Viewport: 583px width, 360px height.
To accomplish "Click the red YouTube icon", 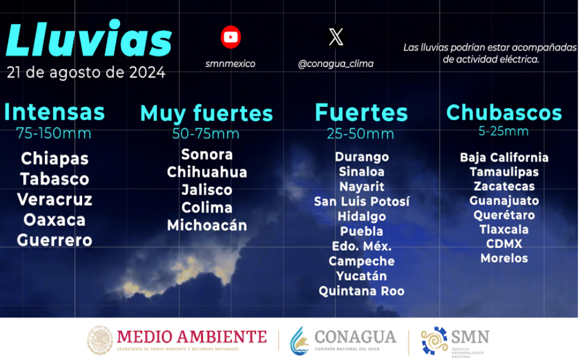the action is point(230,37).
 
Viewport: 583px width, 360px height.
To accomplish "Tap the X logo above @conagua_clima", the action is point(336,37).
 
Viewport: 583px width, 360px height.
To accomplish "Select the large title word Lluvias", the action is point(89,39).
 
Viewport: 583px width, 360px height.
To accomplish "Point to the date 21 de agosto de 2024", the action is point(86,72).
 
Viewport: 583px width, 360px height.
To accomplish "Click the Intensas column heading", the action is point(55,111).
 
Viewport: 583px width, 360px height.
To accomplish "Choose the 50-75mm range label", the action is point(206,134).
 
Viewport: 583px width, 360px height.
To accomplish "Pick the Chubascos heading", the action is point(504,113).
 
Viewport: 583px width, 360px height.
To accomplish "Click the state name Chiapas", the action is point(55,159).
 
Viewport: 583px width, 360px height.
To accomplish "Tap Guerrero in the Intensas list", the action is point(55,240).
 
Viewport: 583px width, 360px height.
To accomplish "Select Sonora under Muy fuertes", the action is point(207,155).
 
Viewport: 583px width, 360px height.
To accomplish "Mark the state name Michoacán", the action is point(207,225).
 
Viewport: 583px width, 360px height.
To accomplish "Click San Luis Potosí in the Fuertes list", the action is point(361,201).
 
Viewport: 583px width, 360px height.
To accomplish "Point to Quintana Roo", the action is point(361,291).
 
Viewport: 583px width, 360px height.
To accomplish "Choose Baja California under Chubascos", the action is point(504,158).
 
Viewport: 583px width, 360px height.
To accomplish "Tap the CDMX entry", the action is point(504,244).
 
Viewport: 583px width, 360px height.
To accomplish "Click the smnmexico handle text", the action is point(230,64).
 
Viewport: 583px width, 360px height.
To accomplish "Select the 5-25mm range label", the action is point(504,131).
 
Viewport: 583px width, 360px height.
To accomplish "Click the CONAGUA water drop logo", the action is point(299,341).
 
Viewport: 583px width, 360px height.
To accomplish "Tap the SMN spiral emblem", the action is point(434,340).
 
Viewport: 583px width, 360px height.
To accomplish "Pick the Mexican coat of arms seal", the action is point(100,340).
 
